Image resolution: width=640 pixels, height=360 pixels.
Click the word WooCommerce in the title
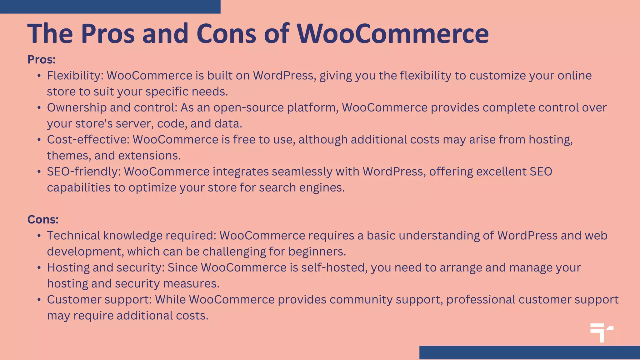pyautogui.click(x=392, y=34)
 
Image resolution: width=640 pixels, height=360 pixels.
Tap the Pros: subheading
pyautogui.click(x=42, y=60)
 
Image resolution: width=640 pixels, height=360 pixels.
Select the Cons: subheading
pyautogui.click(x=43, y=220)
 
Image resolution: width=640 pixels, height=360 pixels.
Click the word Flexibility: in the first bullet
pyautogui.click(x=75, y=76)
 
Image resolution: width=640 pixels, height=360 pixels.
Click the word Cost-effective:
pyautogui.click(x=88, y=140)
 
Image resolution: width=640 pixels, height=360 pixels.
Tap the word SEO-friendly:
pyautogui.click(x=84, y=172)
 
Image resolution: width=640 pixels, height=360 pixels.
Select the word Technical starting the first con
pyautogui.click(x=73, y=236)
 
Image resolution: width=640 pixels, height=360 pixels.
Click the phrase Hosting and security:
pyautogui.click(x=106, y=267)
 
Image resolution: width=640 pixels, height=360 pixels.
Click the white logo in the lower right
pyautogui.click(x=602, y=332)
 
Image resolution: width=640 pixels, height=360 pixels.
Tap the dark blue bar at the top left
pyautogui.click(x=110, y=7)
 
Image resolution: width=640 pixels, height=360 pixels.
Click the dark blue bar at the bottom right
pyautogui.click(x=529, y=352)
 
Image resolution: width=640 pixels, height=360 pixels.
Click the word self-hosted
pyautogui.click(x=334, y=267)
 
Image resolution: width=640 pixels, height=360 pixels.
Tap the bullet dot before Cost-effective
pyautogui.click(x=39, y=140)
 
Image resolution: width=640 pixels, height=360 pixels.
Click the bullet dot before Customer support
pyautogui.click(x=39, y=300)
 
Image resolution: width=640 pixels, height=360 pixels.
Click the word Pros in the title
pyautogui.click(x=108, y=34)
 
